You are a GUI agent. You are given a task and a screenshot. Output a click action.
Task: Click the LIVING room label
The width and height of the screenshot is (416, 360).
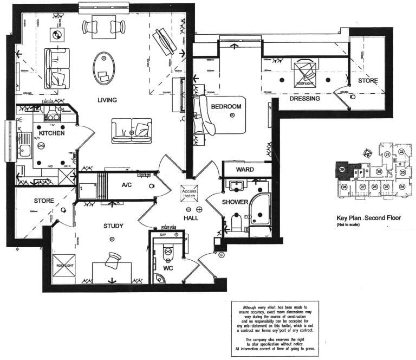108,100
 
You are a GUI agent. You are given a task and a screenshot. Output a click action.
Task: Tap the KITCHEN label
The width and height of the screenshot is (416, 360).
51,133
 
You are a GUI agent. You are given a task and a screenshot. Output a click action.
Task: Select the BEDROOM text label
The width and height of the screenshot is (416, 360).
226,107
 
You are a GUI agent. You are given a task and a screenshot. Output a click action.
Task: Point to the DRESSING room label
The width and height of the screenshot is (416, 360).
304,99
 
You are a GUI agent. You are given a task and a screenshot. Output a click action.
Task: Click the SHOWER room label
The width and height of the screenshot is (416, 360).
234,202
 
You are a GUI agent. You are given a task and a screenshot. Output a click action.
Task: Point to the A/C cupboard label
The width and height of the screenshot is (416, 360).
126,185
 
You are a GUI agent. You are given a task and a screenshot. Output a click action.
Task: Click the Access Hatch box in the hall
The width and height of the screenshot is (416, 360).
190,194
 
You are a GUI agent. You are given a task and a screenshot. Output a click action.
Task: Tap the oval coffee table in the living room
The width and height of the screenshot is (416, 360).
103,68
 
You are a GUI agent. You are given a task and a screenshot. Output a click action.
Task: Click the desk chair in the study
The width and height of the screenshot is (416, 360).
114,261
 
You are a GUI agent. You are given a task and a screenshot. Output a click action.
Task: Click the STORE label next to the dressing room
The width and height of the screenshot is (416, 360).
367,81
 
